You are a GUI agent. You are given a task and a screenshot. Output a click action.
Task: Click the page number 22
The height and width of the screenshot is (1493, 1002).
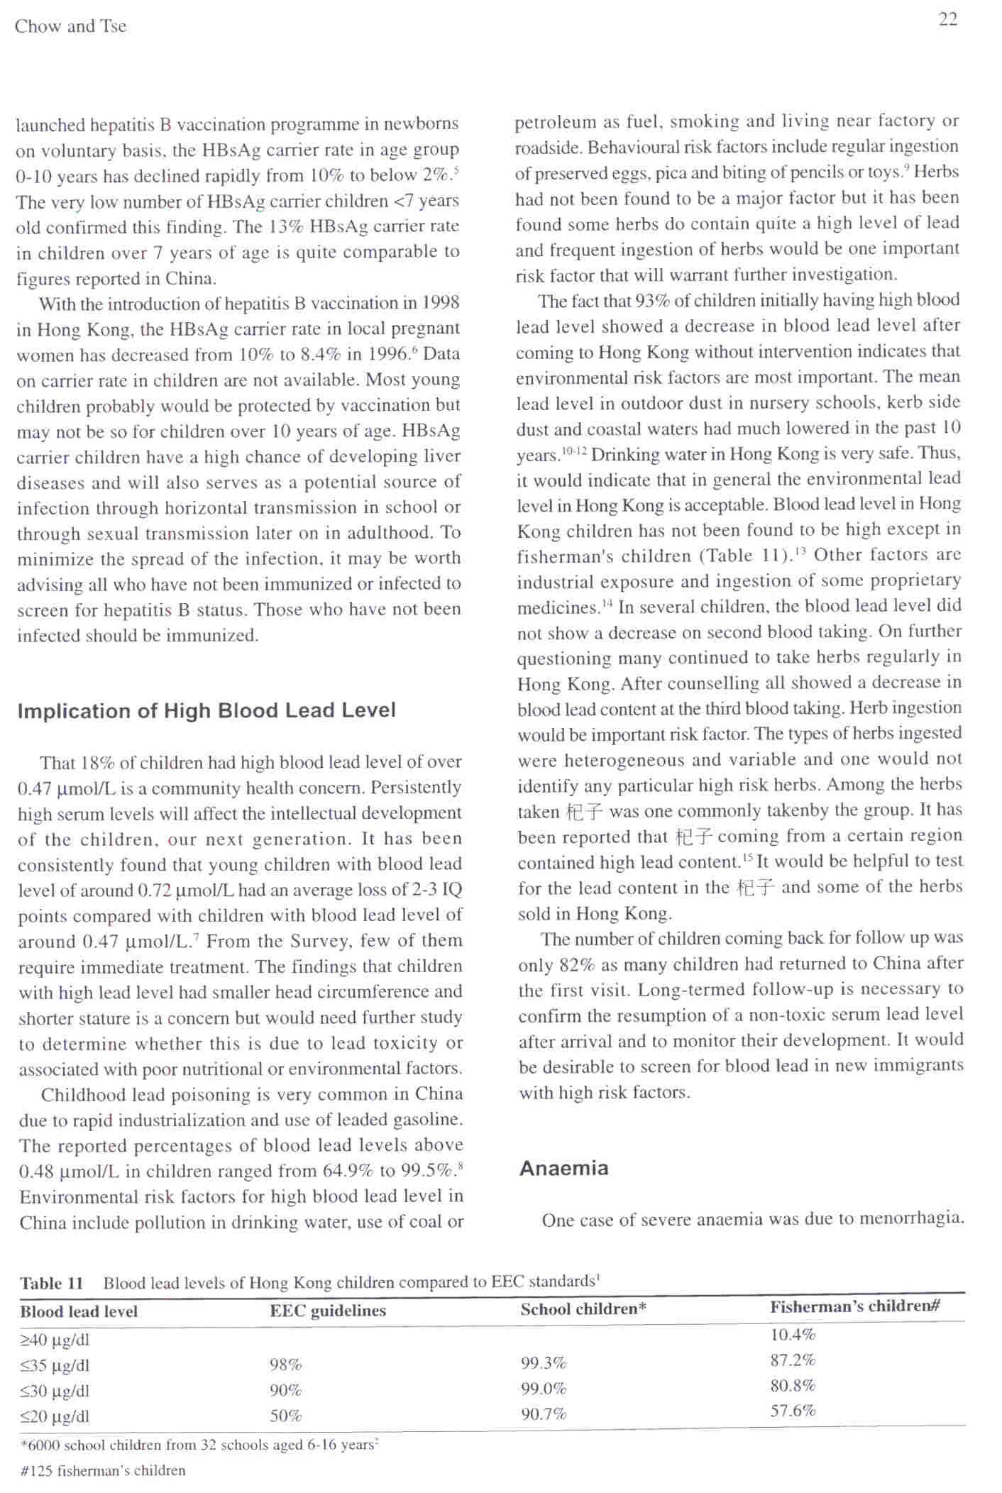coord(947,19)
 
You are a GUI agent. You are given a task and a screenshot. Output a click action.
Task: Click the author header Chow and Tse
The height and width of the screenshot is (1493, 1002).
coord(70,26)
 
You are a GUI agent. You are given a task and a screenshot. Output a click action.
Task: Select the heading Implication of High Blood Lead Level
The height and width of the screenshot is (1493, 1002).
coord(207,710)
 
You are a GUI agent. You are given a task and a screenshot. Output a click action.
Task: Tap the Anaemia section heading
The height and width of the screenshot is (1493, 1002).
coord(563,1168)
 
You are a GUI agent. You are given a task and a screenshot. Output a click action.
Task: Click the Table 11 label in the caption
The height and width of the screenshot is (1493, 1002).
coord(51,1283)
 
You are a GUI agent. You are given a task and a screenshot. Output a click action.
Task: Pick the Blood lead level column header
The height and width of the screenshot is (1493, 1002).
coord(79,1311)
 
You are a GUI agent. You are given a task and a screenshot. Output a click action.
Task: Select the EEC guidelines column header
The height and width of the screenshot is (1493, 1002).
coord(328,1310)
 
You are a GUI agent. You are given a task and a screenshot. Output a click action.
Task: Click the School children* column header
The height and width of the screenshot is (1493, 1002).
coord(583,1309)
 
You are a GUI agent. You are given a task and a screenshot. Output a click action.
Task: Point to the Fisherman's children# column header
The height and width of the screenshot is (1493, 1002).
coord(855,1306)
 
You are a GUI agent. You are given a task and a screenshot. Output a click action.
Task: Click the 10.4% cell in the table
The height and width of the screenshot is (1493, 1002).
coord(793,1335)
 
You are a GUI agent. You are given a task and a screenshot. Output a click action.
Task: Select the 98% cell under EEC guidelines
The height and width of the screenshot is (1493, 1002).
coord(285,1365)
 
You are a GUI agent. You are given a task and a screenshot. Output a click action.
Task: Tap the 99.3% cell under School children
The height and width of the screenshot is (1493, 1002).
coord(543,1363)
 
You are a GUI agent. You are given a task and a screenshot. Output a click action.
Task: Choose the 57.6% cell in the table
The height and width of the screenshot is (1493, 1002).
coord(793,1411)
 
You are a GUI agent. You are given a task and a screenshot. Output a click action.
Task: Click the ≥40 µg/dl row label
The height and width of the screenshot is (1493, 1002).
coord(54,1340)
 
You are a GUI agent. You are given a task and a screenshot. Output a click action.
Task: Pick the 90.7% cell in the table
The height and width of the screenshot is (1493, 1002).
coord(543,1414)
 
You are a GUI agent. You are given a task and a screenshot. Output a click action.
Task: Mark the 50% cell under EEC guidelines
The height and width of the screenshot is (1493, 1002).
coord(285,1416)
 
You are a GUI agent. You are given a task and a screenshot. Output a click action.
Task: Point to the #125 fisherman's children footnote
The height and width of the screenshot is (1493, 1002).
coord(103,1470)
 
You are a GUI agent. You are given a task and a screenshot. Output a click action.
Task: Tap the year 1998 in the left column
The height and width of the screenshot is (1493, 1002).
coord(440,303)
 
